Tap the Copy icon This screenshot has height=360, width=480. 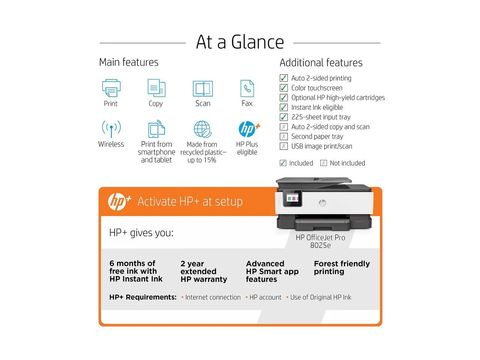[156, 88]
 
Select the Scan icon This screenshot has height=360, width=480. [202, 88]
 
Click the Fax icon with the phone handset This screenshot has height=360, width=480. [247, 88]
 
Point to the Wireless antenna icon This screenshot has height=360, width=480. [111, 129]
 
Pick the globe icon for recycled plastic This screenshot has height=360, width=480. [202, 129]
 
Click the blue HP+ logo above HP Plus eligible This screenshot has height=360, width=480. [249, 129]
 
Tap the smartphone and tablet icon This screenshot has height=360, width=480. [156, 129]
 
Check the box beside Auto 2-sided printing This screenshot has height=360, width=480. [284, 78]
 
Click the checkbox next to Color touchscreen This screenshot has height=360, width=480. [284, 88]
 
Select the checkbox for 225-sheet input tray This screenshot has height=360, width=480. [284, 117]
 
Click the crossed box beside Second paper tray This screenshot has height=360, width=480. [284, 136]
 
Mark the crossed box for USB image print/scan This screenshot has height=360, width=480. [284, 146]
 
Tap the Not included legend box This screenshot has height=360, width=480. [323, 163]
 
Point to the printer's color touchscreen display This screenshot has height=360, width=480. [292, 198]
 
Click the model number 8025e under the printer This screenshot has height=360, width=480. [320, 246]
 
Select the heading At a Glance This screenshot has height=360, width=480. [240, 42]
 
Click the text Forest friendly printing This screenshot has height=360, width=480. [342, 267]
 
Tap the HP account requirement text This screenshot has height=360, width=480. [265, 297]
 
